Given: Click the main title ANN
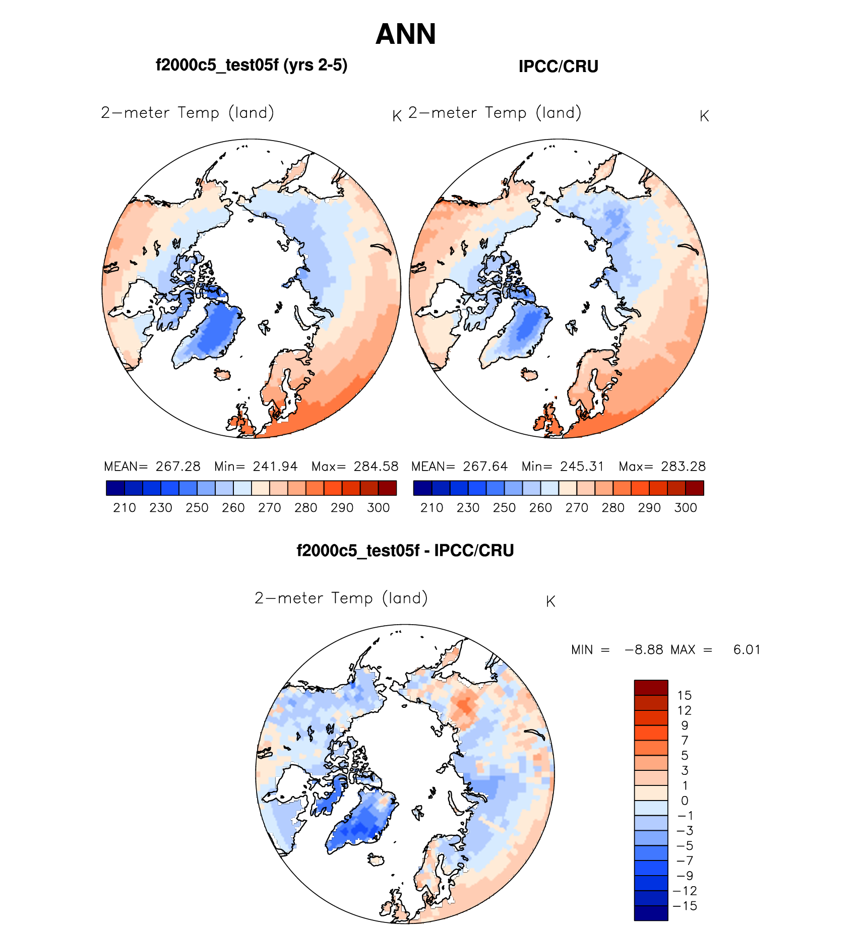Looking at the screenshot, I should click(x=405, y=34).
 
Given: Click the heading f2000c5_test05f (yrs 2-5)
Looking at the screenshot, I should click(x=252, y=65).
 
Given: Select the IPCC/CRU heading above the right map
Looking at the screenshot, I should click(x=558, y=67).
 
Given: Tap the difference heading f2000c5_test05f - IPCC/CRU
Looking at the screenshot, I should click(x=405, y=550).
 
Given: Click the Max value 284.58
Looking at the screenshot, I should click(x=376, y=466).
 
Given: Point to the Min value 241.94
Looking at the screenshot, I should click(x=275, y=466).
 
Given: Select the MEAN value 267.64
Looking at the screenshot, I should click(x=485, y=466).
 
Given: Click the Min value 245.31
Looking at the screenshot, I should click(x=582, y=466).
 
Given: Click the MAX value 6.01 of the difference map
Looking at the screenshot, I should click(x=747, y=649).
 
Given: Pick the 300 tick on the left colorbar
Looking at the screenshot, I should click(x=378, y=507).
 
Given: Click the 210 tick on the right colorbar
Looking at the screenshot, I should click(x=432, y=507).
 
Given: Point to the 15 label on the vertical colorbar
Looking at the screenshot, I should click(x=684, y=695).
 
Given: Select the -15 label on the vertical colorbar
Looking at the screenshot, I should click(x=685, y=906).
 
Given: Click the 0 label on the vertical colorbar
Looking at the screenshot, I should click(x=684, y=801).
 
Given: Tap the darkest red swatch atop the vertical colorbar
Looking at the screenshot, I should click(x=651, y=688).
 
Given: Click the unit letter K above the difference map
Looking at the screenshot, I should click(x=550, y=601).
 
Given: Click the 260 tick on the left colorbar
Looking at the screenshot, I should click(x=233, y=507).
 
